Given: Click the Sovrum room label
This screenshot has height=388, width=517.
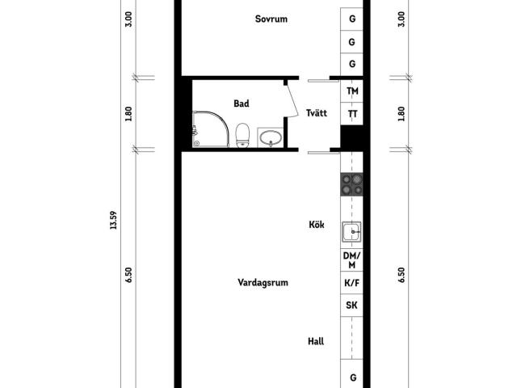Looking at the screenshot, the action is coord(271,19).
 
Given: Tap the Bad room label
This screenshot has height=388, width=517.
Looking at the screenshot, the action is coord(242,103).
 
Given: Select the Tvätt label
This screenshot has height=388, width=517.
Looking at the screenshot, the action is coord(317,113).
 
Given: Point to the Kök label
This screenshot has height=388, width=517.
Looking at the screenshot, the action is coord(317,225).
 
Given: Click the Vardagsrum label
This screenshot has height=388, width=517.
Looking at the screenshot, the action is coord(263,282).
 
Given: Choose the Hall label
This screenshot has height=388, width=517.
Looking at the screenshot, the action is coord(316,341).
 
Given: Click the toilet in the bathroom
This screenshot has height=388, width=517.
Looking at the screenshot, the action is coord(242,135).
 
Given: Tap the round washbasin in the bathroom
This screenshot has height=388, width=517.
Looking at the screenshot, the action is coord(271,137).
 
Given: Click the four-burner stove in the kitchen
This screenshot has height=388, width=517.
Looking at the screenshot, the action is coord(352,184).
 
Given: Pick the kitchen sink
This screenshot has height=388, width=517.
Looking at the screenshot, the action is coord(352,232).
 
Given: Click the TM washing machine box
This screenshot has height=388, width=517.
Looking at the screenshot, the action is coord(352,91).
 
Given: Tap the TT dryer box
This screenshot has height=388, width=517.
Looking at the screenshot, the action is coord(352,113).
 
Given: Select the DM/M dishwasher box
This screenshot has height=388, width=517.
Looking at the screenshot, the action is coord(352,260).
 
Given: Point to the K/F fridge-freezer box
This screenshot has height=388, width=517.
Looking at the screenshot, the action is coord(352,283).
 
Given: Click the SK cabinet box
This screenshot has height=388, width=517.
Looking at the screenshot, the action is coord(352,306).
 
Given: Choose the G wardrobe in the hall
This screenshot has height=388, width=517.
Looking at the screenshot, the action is coord(352,373).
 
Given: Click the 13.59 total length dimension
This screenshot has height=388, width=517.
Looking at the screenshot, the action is coord(113,220).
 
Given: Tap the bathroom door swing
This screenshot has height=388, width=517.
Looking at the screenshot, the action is coord(292,101).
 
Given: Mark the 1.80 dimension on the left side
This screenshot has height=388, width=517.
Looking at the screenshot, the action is coord(128,113).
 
